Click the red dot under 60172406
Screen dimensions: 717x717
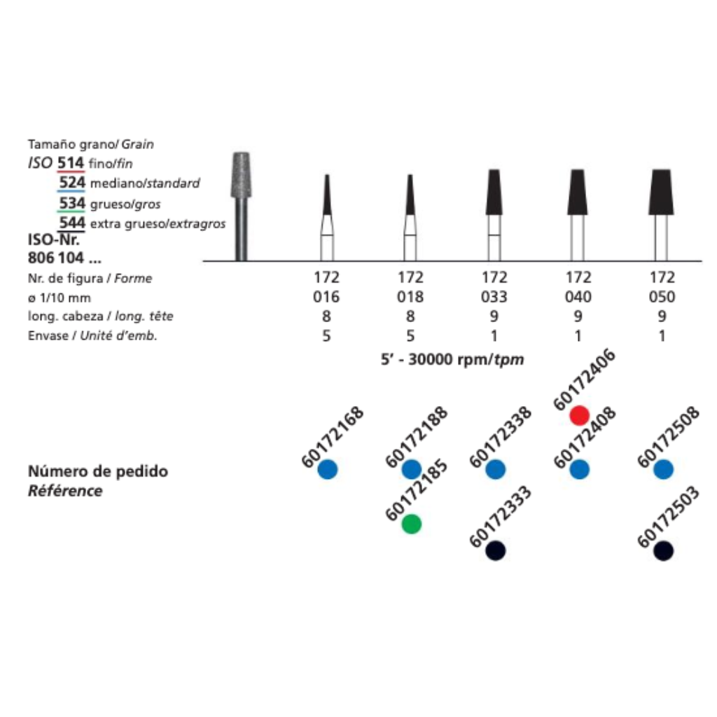click(x=579, y=415)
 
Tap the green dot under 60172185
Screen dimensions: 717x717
click(x=412, y=524)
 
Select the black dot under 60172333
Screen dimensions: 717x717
click(x=495, y=550)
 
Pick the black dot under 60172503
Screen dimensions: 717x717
click(x=663, y=550)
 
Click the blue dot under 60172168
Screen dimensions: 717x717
click(x=328, y=470)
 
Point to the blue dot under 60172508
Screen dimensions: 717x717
click(x=663, y=470)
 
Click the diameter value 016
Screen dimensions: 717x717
click(x=326, y=297)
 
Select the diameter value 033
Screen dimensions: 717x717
click(x=494, y=297)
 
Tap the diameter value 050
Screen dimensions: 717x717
click(x=662, y=297)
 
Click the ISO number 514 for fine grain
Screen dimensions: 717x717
click(x=71, y=162)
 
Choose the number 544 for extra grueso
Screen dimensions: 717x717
click(x=72, y=223)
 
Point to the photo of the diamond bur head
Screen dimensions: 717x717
click(x=242, y=176)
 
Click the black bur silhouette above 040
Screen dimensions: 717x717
click(x=578, y=192)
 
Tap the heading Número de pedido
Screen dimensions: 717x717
click(x=98, y=471)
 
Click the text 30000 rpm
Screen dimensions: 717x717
click(x=449, y=359)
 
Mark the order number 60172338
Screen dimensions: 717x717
click(x=500, y=437)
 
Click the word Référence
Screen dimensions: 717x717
click(x=65, y=491)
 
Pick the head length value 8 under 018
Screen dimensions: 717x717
click(x=410, y=316)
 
